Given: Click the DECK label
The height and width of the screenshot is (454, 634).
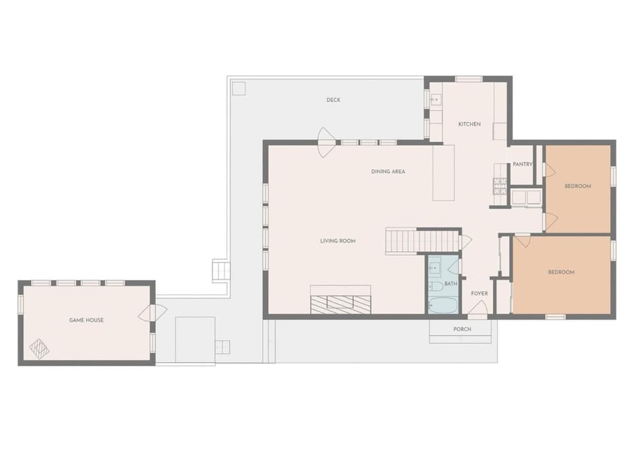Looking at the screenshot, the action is coord(333,100).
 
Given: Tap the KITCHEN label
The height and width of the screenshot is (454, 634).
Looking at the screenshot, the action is coord(470,124).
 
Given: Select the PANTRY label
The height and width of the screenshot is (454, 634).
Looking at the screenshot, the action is coord(522,165).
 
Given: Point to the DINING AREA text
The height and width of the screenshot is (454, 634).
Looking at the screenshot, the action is coord(388,172).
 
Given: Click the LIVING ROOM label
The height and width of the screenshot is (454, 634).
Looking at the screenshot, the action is coord(338,241).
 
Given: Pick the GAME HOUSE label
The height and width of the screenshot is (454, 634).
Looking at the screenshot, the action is coord(86,320).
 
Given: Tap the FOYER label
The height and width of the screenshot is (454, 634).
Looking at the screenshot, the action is coord(479,293).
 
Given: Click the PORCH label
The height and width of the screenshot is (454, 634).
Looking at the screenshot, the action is coord(462,329).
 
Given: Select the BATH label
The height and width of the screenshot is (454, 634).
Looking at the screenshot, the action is coord(450,284).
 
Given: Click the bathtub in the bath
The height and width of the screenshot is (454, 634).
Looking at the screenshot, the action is coord(443,305).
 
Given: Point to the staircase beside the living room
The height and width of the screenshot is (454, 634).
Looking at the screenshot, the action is coord(423,241).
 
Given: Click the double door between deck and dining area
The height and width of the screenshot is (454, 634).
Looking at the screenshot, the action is coord(326,143).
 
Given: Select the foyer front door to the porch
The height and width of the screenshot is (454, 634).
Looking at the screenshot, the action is coord(478,309).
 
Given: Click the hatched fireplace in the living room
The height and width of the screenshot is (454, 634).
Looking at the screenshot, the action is coord(341,304).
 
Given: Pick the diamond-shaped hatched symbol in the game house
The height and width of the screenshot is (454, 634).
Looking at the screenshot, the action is coord(39,349).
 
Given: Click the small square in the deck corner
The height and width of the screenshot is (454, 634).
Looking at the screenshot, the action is coord(238,88).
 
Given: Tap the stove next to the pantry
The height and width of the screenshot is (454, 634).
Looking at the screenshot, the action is coord(500,186).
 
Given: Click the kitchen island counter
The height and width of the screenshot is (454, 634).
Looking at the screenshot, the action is coord(443,172).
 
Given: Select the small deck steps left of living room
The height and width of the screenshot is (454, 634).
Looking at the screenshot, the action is coord(221,271).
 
